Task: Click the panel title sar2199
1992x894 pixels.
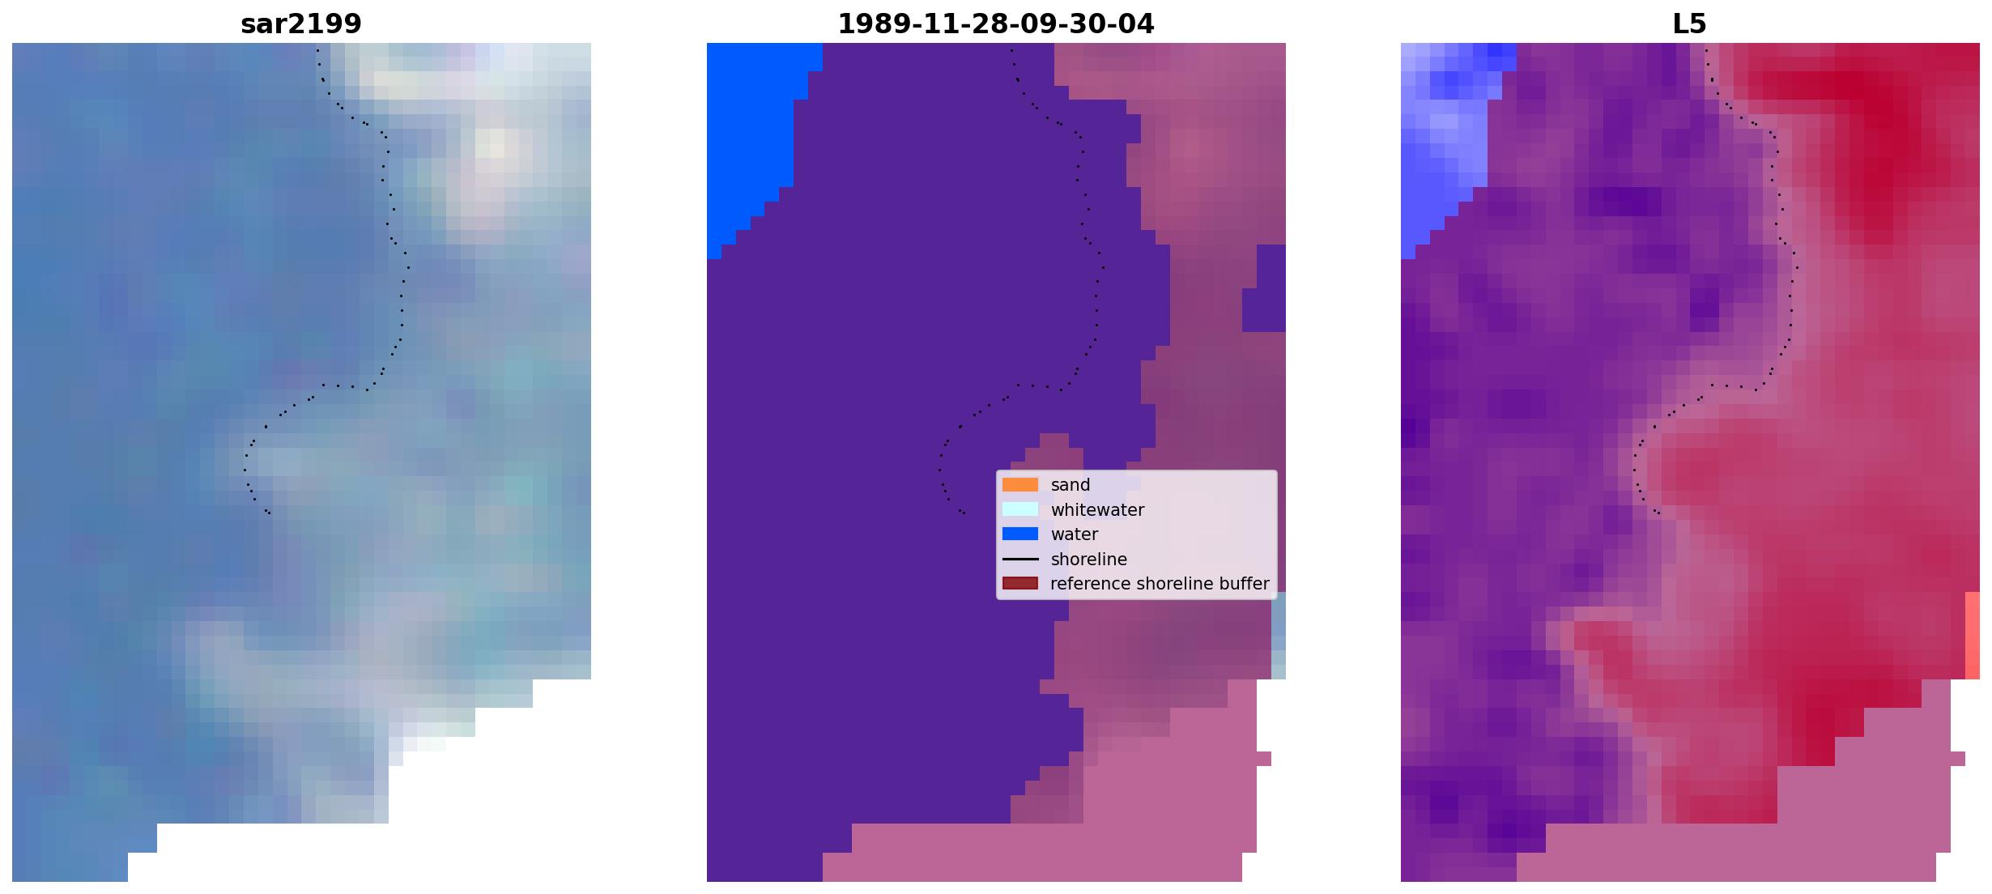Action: click(x=301, y=24)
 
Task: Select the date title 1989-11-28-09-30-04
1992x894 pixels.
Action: click(x=996, y=24)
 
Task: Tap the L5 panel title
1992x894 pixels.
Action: click(x=1690, y=24)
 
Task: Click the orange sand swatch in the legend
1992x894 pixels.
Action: click(x=1020, y=484)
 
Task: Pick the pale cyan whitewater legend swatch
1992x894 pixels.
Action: click(x=1020, y=509)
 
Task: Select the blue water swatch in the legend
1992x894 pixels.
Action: click(x=1020, y=534)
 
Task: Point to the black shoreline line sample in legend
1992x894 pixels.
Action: click(x=1020, y=559)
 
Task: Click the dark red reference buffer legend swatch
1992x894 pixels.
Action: click(x=1020, y=583)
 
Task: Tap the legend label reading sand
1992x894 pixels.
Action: click(x=1070, y=485)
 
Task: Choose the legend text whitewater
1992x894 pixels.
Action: click(x=1097, y=510)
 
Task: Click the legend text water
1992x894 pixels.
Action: click(x=1075, y=534)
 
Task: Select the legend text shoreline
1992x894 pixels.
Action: click(x=1089, y=560)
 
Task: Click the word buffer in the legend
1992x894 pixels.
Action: click(x=1244, y=584)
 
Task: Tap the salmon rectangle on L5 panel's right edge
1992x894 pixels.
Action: click(x=1973, y=635)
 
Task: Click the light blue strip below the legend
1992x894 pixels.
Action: click(x=1279, y=635)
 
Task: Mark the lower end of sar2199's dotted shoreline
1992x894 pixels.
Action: click(x=270, y=513)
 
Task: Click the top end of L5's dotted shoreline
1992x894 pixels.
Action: click(x=1706, y=50)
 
